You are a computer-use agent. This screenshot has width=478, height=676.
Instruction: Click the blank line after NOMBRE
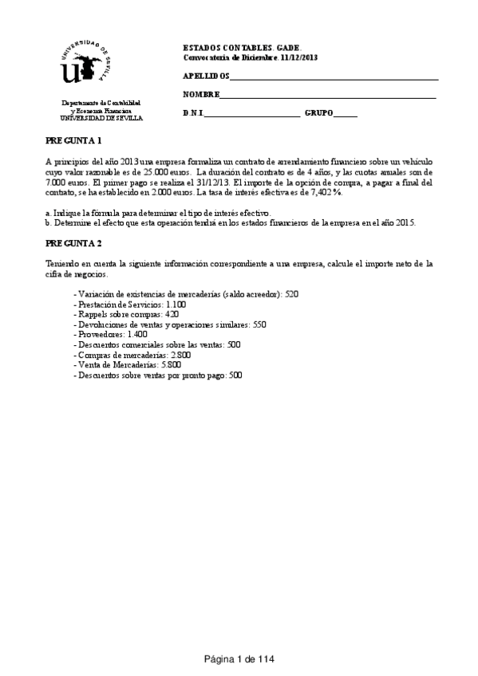tap(328, 95)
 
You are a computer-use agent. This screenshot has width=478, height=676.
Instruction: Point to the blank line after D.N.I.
tap(252, 114)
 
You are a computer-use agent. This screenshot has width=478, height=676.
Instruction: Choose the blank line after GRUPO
tap(346, 114)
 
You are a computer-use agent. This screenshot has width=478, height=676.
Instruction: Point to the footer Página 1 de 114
tap(239, 658)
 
